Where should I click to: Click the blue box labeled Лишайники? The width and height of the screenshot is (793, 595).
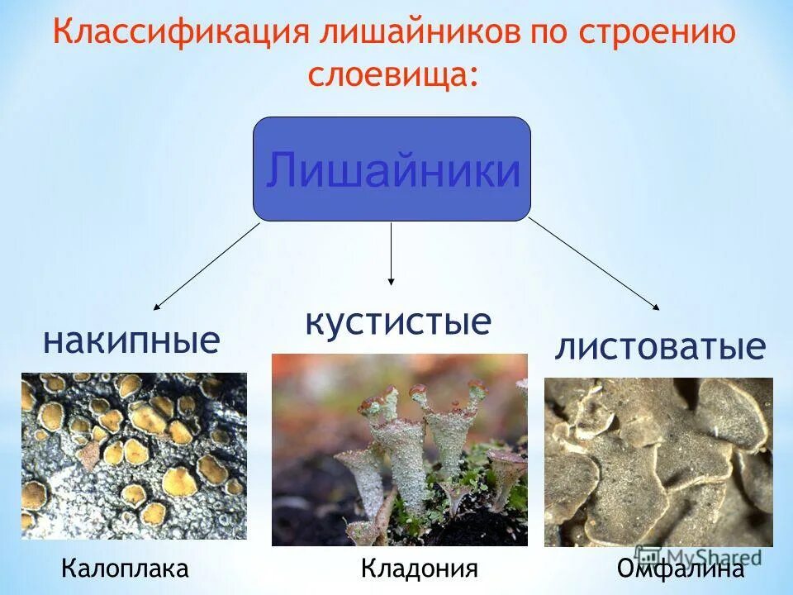point(392,169)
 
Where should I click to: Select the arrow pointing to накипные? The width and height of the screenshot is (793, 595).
point(207,266)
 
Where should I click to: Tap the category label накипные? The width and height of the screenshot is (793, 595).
point(131,340)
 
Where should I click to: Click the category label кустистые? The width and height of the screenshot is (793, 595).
point(399,321)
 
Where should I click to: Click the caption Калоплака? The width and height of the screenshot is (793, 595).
point(125,569)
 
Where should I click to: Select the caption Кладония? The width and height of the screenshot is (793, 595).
point(420,569)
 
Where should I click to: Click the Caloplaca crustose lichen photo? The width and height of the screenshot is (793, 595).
point(134,456)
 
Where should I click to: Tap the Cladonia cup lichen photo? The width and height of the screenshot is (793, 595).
point(399,450)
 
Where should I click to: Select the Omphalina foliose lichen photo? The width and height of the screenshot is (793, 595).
point(658,462)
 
